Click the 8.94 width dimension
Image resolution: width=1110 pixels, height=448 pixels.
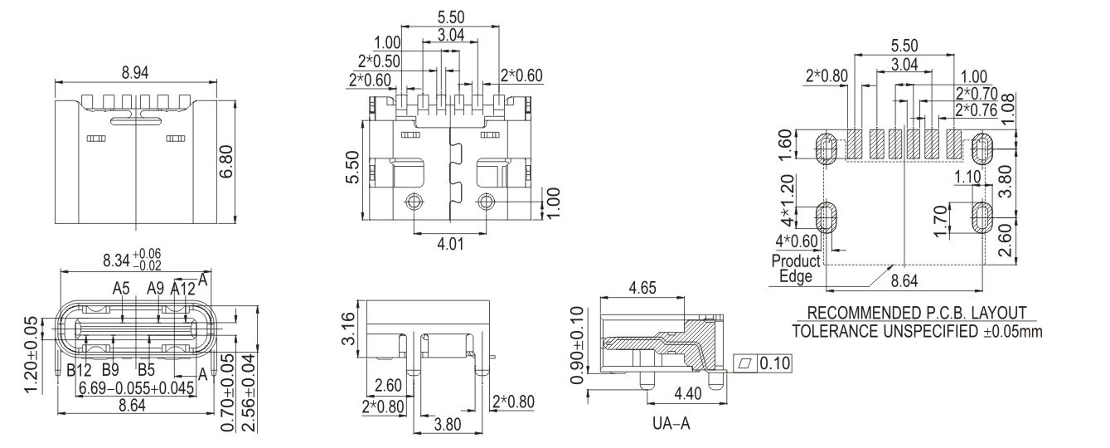(x=135, y=73)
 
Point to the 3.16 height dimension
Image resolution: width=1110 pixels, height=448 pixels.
(x=349, y=329)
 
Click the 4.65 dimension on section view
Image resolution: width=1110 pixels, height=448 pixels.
(x=643, y=290)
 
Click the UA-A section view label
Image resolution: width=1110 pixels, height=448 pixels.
(x=671, y=424)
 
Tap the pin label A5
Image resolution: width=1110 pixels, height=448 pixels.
(x=122, y=289)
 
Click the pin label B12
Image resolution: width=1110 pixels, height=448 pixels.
(x=79, y=369)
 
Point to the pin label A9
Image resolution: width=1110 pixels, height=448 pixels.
(x=155, y=289)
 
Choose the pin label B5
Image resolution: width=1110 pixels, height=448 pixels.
(x=147, y=369)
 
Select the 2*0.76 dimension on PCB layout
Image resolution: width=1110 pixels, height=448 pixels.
(x=976, y=110)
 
